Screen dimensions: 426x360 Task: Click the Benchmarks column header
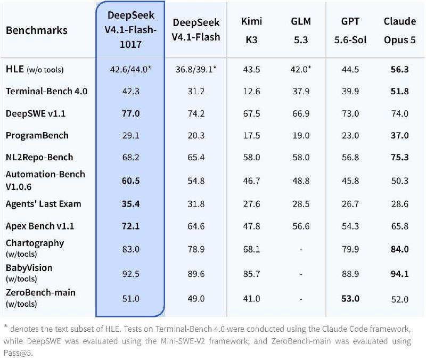37,30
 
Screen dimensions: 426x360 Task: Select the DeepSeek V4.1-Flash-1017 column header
130,30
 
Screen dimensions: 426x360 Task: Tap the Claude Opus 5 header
400,30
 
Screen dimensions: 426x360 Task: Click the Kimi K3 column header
251,30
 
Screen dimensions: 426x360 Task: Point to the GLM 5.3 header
301,30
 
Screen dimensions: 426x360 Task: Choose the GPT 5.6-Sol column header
350,30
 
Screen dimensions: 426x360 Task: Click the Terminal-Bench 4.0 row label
46,91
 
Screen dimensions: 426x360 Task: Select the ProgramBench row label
37,135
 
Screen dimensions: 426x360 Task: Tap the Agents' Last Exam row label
44,204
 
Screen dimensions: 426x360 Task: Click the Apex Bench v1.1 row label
40,226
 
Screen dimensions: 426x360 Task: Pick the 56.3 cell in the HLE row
400,70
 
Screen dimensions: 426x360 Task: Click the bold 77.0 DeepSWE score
130,113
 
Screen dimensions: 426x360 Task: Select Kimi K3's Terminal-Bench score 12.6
251,91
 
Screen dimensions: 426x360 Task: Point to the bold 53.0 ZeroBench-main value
350,299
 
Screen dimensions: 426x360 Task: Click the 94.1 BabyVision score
400,274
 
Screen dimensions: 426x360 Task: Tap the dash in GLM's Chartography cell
301,249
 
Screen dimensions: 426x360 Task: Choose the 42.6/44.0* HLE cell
130,70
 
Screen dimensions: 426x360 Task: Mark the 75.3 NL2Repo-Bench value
400,157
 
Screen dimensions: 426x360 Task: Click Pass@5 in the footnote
18,353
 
